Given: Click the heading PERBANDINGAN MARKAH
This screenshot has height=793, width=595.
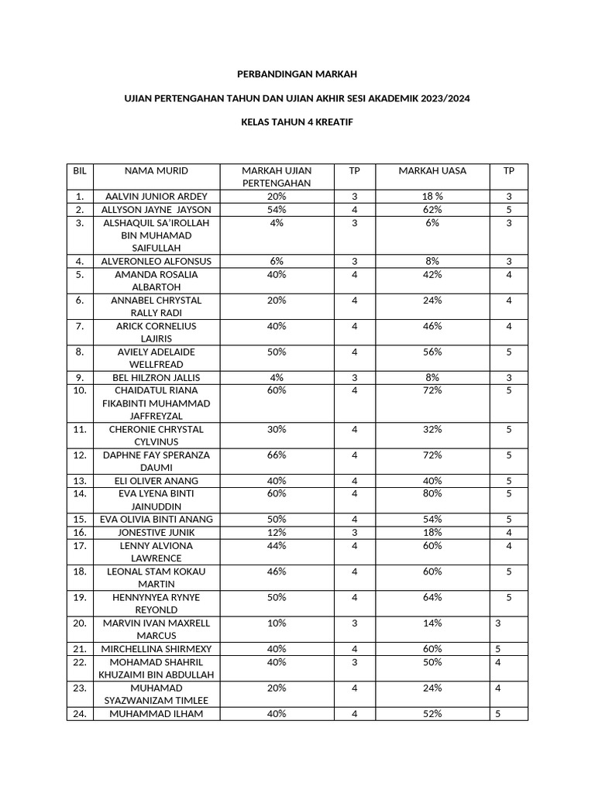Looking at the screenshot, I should coord(297,74).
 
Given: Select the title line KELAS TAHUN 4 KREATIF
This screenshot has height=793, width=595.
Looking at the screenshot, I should coord(297,122).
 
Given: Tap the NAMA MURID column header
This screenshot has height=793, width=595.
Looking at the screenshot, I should coord(156,170).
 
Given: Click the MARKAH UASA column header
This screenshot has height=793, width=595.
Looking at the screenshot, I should coord(432,170).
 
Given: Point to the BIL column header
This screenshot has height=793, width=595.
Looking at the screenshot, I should coord(80,170).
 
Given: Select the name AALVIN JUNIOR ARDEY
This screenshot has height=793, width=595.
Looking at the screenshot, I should coord(156,197).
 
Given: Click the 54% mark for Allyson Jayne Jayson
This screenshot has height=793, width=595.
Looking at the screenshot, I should coord(277,210).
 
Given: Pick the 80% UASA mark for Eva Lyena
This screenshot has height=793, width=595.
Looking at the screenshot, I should coord(432,493).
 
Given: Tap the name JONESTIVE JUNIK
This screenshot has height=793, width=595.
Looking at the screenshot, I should coord(156,533).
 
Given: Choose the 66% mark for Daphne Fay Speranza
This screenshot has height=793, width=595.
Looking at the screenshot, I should coord(277,455).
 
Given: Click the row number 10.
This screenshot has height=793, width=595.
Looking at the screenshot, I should coord(80,390).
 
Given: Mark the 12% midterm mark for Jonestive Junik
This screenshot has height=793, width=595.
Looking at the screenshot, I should coord(277,533).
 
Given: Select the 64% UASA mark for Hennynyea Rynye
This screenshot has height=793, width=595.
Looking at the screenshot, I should coord(432,597).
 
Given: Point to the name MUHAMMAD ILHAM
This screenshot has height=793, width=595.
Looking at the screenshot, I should coord(156,714).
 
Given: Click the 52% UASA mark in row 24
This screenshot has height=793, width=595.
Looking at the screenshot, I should coord(432,714).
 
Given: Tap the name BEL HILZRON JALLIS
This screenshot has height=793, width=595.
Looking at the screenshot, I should coord(156,378).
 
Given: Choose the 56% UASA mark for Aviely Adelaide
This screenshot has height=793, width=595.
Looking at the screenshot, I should coord(432,352).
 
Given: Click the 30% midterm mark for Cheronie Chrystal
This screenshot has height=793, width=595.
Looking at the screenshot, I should coord(277,429).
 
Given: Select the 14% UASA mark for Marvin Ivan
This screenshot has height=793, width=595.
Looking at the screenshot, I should coord(432,623).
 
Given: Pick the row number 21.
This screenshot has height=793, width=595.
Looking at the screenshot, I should coord(80,649).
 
